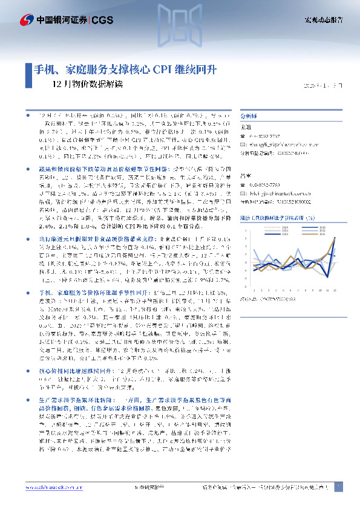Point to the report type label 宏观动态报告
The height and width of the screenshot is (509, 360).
[x=323, y=20]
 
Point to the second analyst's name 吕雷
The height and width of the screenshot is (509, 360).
[x=246, y=176]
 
